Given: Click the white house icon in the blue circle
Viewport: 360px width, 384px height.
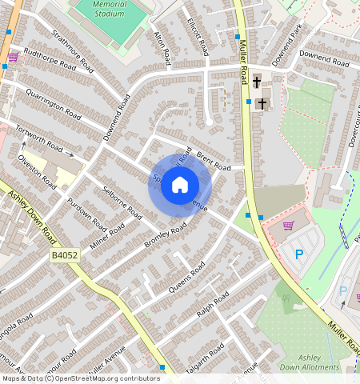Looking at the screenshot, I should [180, 186].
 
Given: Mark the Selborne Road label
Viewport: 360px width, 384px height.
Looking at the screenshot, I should [123, 203].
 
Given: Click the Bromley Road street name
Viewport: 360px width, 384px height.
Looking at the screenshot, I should [165, 235].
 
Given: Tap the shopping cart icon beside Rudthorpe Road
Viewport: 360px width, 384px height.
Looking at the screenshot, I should [13, 58].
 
